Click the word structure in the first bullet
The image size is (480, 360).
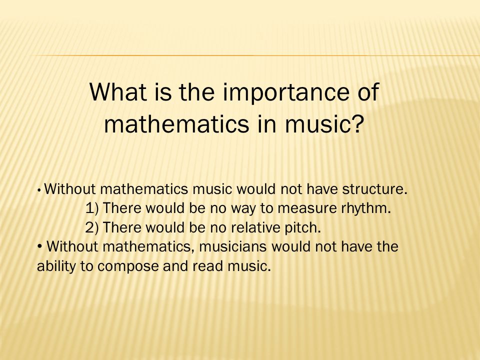(374, 189)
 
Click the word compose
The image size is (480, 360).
(128, 267)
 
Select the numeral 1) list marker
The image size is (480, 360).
(92, 208)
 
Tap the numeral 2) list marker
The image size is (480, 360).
(92, 228)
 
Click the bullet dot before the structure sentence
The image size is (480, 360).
(39, 190)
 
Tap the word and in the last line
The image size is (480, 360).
(175, 265)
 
